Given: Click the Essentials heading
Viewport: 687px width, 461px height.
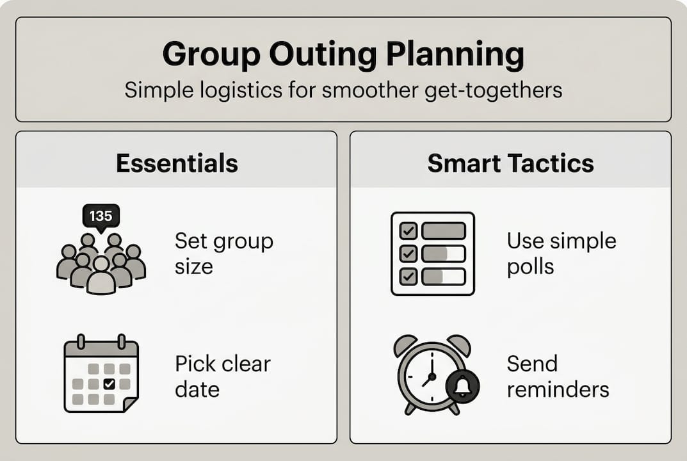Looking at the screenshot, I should [x=177, y=163].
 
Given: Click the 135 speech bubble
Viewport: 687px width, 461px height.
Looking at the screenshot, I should [x=101, y=216].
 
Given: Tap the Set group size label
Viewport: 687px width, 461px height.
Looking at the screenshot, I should [x=223, y=254].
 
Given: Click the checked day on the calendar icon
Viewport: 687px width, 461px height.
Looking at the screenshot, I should [x=109, y=384].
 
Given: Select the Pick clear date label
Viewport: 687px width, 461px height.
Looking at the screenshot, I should [x=223, y=376].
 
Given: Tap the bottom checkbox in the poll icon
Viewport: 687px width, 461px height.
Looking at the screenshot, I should [x=408, y=277].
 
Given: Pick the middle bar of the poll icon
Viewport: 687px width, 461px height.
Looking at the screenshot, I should [x=443, y=254].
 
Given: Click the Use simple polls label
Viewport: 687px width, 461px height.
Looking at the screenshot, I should [x=561, y=254].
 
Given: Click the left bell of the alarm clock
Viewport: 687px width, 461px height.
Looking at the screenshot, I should [x=405, y=344].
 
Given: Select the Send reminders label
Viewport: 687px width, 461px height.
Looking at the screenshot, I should [x=558, y=376].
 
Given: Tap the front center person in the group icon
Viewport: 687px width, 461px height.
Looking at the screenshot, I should [x=101, y=277].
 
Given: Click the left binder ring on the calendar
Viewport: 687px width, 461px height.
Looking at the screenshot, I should [x=81, y=341].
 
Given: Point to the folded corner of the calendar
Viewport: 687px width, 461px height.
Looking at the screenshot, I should [x=130, y=405].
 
